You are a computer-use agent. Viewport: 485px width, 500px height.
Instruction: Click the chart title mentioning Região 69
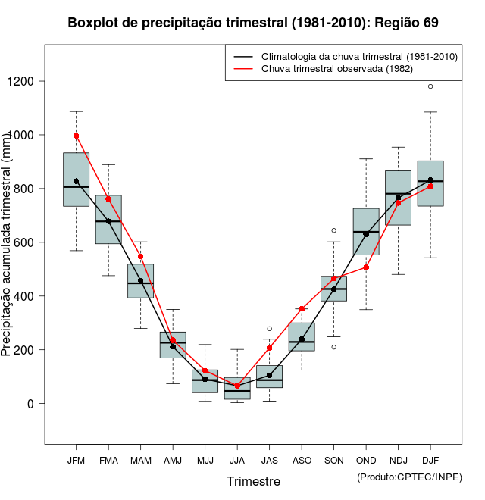[x=253, y=23]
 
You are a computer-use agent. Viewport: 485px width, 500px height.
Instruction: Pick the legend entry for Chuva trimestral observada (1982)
[x=336, y=69]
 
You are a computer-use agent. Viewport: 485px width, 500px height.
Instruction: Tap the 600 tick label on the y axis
[x=27, y=242]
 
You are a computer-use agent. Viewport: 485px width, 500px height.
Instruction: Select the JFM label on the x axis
[x=76, y=461]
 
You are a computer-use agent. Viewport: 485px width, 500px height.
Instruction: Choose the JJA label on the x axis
[x=237, y=461]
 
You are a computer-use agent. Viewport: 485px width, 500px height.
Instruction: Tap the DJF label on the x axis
[x=430, y=461]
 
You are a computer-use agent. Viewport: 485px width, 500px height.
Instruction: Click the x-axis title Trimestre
[x=253, y=481]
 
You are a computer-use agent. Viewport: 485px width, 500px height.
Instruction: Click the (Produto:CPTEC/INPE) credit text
[x=409, y=477]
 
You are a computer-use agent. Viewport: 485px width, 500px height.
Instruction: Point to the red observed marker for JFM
[x=76, y=136]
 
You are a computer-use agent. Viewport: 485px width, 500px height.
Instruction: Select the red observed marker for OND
[x=366, y=267]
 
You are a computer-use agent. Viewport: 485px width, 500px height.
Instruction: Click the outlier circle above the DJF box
[x=430, y=86]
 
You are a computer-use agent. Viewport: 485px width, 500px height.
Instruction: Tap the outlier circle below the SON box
[x=333, y=347]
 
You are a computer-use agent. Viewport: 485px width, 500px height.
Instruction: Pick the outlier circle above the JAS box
[x=269, y=329]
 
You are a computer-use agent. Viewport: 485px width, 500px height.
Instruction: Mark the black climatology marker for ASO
[x=302, y=339]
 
